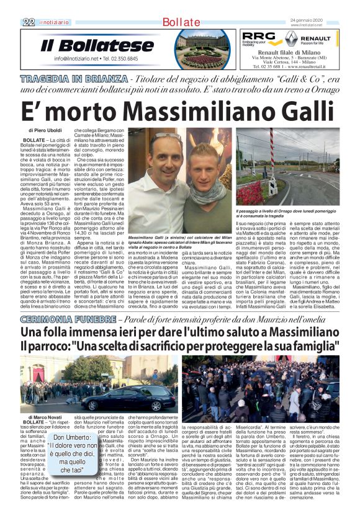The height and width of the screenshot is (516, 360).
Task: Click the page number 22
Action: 28,22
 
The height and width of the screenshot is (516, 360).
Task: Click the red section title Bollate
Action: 179,22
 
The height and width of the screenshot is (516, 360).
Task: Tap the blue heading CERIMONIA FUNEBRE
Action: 68,319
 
